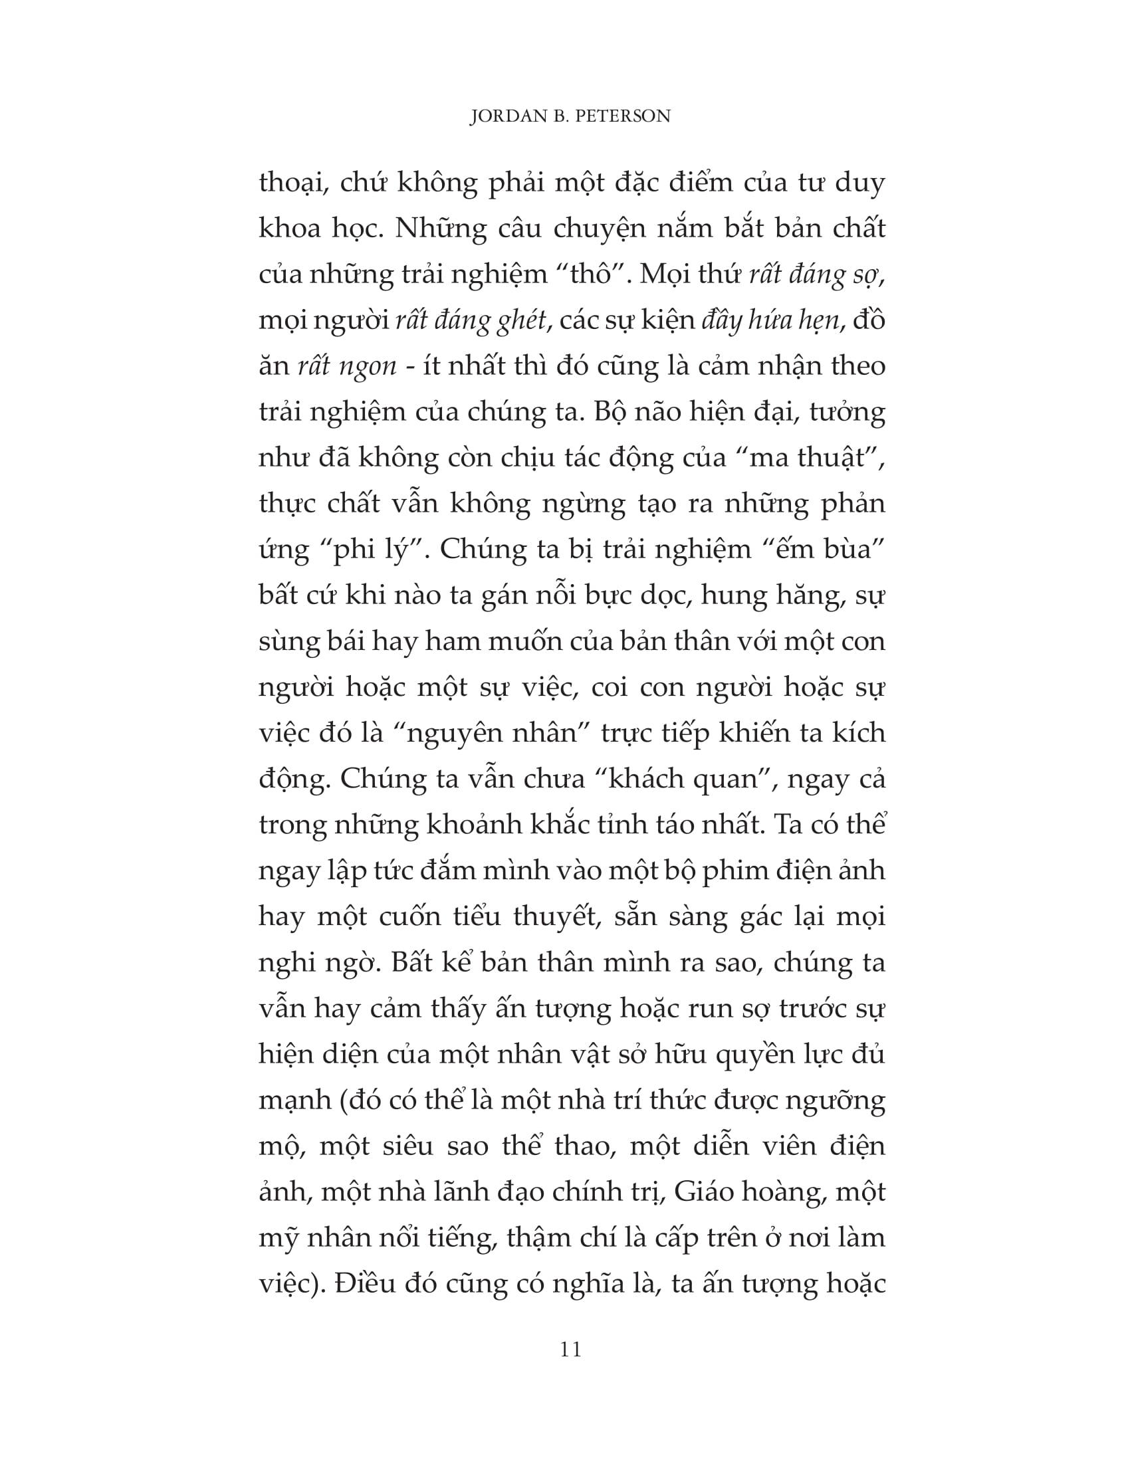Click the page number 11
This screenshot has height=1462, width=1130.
click(x=570, y=1350)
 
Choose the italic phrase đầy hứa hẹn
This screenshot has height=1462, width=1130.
click(x=769, y=322)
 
